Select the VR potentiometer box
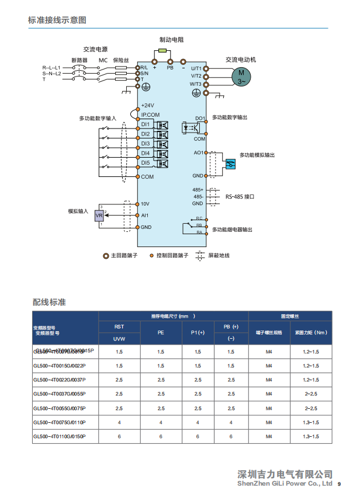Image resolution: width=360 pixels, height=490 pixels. [99, 216]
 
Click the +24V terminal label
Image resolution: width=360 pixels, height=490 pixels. [147, 105]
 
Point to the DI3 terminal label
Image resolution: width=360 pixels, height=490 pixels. [146, 143]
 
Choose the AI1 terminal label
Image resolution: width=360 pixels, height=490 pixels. [145, 216]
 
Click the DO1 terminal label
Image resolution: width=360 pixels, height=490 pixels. [200, 118]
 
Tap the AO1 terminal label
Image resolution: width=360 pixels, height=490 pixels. [199, 152]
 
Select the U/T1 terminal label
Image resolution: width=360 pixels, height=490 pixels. [196, 68]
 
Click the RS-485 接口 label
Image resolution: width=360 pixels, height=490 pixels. [240, 197]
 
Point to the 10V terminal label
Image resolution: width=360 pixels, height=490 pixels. [146, 204]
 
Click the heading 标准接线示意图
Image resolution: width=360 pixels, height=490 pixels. [57, 20]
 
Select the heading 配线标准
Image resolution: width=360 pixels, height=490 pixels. [49, 302]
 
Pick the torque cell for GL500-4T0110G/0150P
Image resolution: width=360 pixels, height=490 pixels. [311, 436]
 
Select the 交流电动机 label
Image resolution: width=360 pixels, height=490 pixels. [241, 60]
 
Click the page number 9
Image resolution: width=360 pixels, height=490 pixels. [340, 484]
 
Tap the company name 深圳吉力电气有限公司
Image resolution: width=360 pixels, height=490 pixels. [286, 474]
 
